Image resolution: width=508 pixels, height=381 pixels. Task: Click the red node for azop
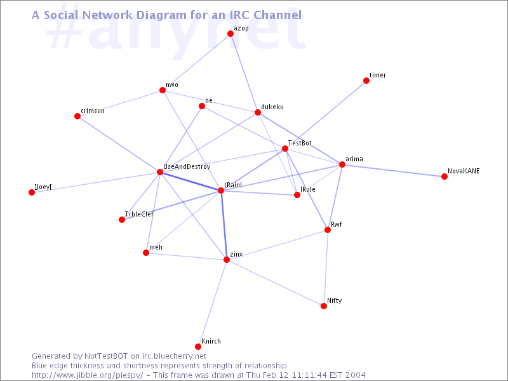click(x=231, y=34)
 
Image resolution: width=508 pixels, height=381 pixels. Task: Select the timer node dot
click(x=366, y=81)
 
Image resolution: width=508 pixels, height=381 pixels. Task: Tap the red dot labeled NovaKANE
click(x=444, y=177)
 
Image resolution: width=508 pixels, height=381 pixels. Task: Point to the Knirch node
click(x=198, y=347)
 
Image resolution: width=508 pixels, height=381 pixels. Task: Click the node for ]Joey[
click(x=32, y=192)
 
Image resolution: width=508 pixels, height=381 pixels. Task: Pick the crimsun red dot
click(x=77, y=116)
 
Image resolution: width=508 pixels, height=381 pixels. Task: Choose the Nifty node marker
click(x=324, y=306)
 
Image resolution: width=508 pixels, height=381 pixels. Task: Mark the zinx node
click(x=227, y=260)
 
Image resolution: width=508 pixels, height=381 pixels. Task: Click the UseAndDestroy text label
click(x=187, y=166)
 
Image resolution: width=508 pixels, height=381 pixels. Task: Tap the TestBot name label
click(x=300, y=143)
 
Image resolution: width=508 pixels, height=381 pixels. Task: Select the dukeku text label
click(x=272, y=107)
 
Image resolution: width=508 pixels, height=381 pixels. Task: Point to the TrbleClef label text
click(x=139, y=214)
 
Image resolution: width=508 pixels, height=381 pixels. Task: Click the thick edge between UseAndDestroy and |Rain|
click(x=190, y=181)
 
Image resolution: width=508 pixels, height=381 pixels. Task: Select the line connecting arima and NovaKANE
click(x=393, y=170)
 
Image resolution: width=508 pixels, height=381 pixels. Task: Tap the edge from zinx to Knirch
click(x=212, y=304)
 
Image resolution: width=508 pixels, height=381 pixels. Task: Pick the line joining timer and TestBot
click(x=326, y=115)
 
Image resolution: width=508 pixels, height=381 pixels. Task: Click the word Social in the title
click(x=61, y=15)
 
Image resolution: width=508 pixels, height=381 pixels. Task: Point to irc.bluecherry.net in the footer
click(x=174, y=356)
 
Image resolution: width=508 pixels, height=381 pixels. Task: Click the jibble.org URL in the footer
click(x=87, y=375)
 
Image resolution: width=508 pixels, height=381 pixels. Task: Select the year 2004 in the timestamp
click(x=355, y=375)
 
